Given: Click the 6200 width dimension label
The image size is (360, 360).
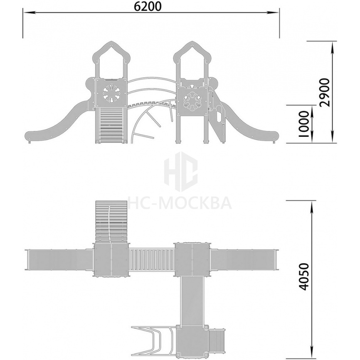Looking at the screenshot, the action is click(148, 6).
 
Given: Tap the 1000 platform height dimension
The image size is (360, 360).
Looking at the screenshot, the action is click(304, 124).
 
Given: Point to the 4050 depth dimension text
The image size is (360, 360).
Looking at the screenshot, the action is click(304, 276).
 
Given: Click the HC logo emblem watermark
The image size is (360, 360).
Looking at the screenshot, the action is click(181, 172).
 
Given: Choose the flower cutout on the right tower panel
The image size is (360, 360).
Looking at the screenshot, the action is click(192, 101).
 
